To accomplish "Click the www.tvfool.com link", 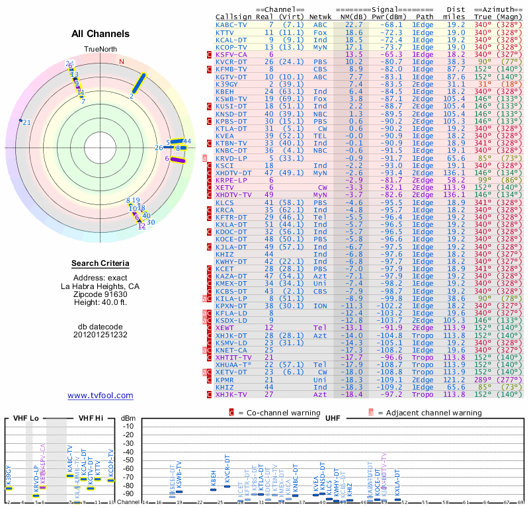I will (x=101, y=396).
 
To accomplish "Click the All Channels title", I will (x=101, y=34).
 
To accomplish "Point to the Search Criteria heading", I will (x=101, y=264).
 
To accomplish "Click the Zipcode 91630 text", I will (x=101, y=294).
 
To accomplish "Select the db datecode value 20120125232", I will (x=101, y=334).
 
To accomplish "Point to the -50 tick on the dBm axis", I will (x=129, y=460).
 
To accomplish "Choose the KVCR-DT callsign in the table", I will (x=231, y=62).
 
